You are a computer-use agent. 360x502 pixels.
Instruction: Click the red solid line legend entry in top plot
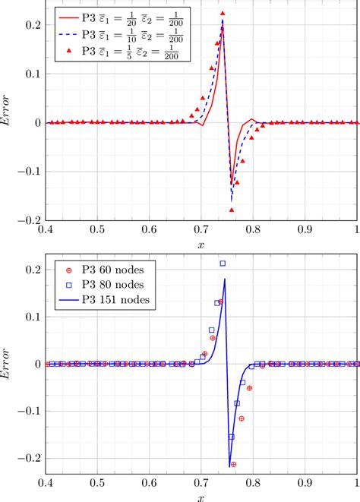click(122, 16)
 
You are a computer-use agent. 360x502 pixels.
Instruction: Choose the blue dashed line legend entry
click(122, 33)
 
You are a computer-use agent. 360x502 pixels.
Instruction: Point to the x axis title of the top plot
click(201, 244)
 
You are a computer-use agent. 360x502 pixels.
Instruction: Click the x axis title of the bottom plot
click(201, 497)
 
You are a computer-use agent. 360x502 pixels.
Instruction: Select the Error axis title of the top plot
click(8, 122)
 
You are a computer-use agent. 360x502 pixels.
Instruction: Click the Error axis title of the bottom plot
click(8, 364)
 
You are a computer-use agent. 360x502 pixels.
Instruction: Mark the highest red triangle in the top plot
click(223, 14)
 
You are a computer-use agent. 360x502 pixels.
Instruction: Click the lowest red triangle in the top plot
click(232, 210)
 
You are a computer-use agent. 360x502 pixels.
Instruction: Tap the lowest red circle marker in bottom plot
click(233, 464)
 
